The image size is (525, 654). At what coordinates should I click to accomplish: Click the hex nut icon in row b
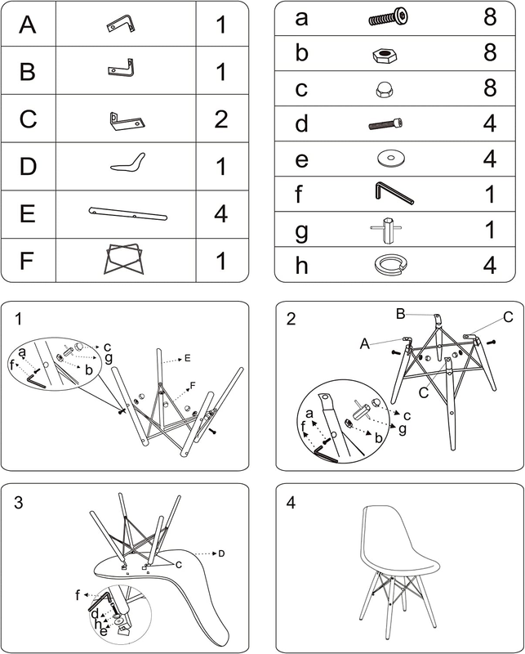(x=385, y=56)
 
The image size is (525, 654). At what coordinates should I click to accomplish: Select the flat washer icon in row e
(x=391, y=159)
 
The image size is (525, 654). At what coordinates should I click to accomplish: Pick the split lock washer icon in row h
(x=390, y=265)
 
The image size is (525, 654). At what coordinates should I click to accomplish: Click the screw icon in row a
(x=389, y=18)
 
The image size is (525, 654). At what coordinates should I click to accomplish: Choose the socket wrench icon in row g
(x=388, y=230)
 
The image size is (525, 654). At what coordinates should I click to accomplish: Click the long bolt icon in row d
(x=386, y=123)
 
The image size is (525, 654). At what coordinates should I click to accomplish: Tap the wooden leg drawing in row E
(x=128, y=213)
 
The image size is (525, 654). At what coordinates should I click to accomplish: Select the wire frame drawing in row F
(x=124, y=259)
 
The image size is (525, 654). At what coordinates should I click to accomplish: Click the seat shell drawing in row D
(x=128, y=163)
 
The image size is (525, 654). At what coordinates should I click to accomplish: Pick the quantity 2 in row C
(x=220, y=119)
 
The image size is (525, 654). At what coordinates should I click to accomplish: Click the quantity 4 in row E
(x=220, y=214)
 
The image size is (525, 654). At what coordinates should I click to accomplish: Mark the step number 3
(x=18, y=503)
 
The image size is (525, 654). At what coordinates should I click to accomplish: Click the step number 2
(x=291, y=318)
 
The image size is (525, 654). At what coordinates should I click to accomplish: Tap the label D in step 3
(x=221, y=553)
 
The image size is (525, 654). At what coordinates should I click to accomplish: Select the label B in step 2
(x=400, y=314)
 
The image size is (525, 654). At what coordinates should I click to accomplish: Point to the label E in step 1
(x=188, y=358)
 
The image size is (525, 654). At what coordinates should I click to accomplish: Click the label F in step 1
(x=193, y=386)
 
